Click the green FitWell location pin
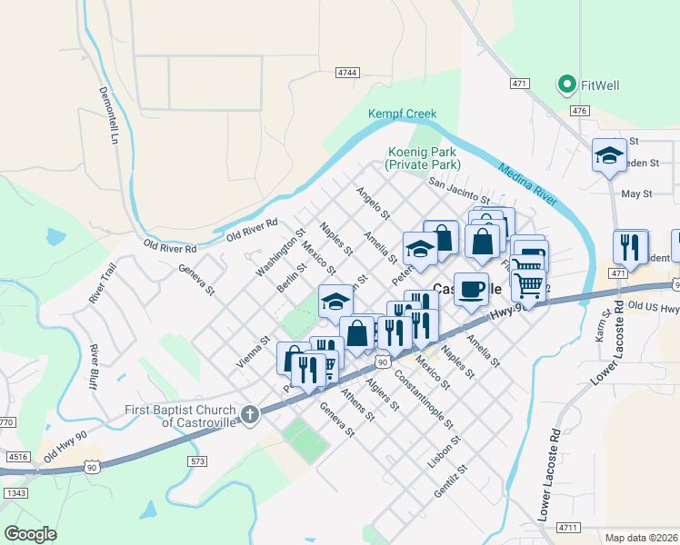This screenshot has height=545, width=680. click(567, 85)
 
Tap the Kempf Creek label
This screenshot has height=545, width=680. click(402, 114)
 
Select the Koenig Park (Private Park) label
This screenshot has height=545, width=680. click(423, 158)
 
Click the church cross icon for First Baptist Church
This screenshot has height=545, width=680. click(250, 414)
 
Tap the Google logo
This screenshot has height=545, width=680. click(30, 533)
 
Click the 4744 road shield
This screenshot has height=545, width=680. click(346, 72)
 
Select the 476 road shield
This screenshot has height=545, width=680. click(579, 111)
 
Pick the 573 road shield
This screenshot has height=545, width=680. click(199, 462)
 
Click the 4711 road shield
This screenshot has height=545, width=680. click(568, 527)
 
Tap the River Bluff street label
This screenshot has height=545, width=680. click(93, 367)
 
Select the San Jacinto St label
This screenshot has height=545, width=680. click(459, 191)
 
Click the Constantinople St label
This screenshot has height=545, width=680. click(424, 400)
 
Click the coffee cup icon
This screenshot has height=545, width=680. click(470, 289)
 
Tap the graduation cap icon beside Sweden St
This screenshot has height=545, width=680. click(608, 155)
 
